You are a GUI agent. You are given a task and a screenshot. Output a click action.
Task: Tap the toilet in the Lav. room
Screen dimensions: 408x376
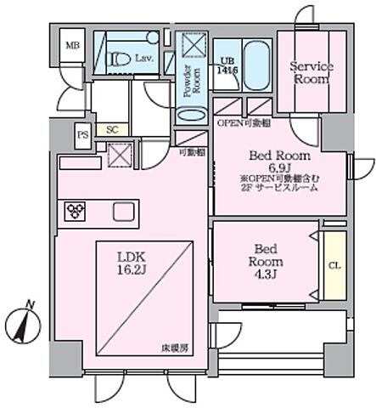(x=117, y=58)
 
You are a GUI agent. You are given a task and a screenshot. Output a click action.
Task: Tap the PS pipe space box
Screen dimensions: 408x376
(x=82, y=134)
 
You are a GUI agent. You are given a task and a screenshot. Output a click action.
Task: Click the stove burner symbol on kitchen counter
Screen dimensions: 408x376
(x=73, y=210)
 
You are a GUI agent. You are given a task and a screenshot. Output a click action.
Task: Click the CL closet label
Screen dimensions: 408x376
(x=334, y=264)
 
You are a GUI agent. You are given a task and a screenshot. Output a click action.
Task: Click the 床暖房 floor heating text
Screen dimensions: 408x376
(x=177, y=349)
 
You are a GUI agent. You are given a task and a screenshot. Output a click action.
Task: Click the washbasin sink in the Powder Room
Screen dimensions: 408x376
(x=193, y=116)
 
